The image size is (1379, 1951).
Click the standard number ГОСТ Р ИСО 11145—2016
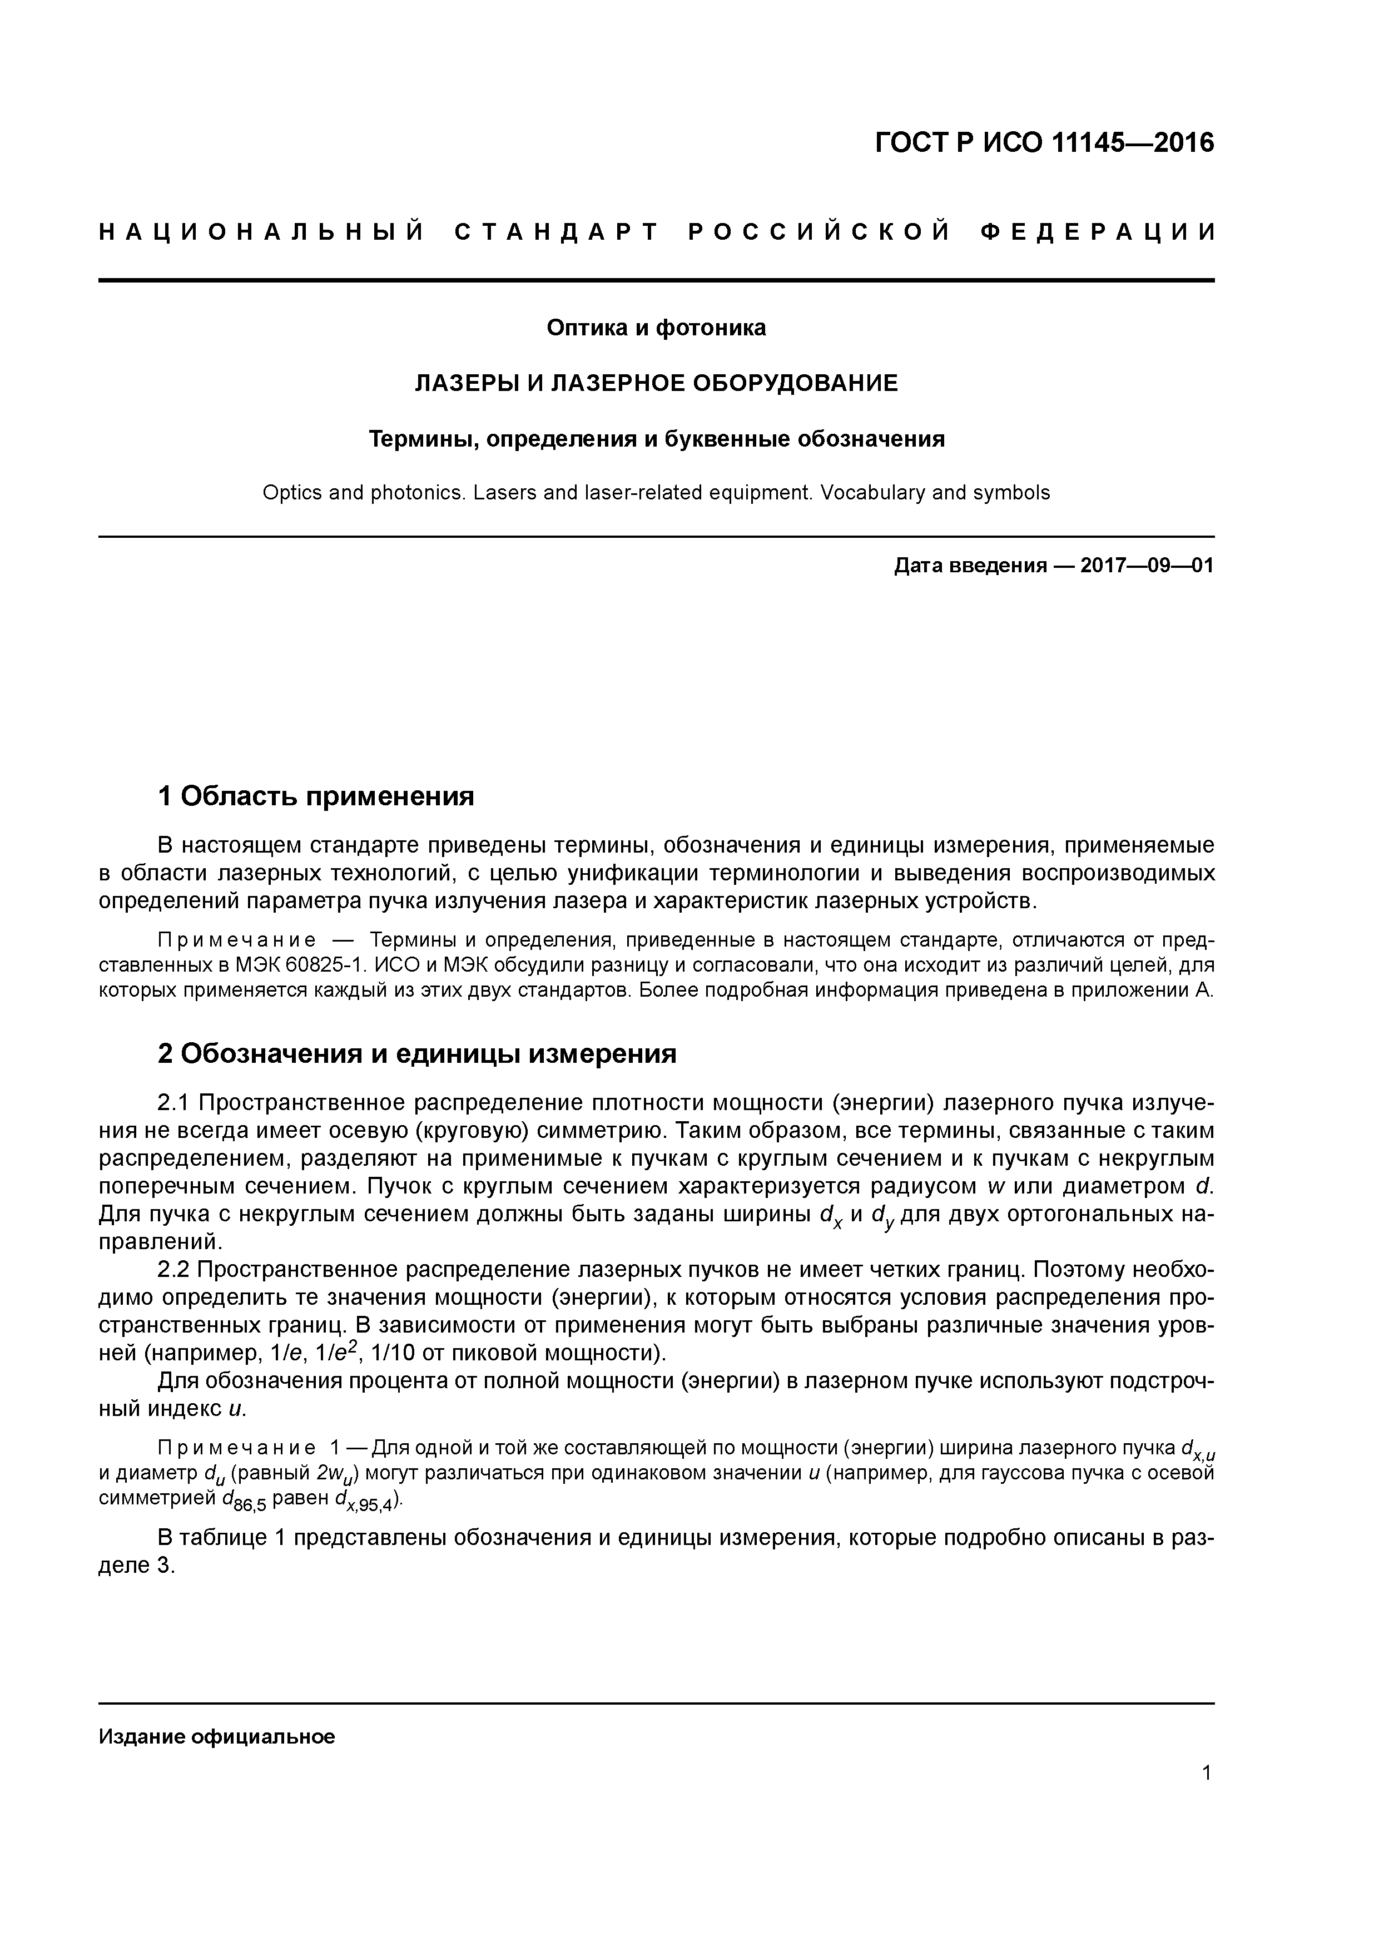(1044, 143)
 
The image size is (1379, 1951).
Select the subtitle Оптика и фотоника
(656, 328)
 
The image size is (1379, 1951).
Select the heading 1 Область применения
(316, 796)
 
